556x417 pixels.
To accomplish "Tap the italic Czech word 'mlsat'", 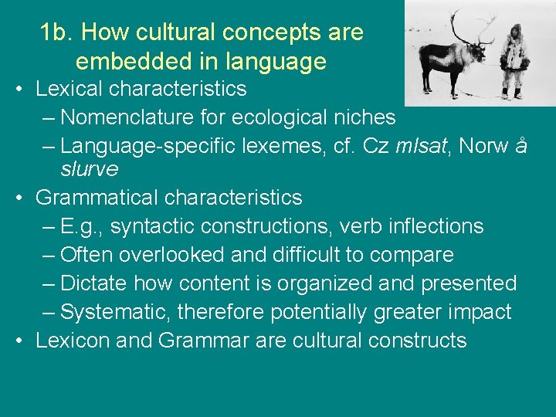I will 423,146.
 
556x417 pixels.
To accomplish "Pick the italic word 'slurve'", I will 90,168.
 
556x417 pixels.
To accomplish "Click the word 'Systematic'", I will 115,312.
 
